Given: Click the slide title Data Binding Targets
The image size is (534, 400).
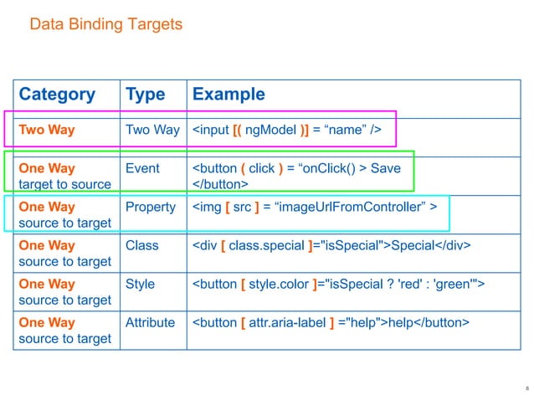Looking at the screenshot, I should tap(105, 25).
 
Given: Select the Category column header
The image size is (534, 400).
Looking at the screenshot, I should tap(56, 95).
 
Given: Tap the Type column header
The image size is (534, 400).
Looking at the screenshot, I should tap(146, 95).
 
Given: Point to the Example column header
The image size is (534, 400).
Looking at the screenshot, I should tap(228, 95).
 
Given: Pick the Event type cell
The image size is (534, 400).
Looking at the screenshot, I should tap(142, 168).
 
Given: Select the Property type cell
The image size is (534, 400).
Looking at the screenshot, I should tap(151, 207).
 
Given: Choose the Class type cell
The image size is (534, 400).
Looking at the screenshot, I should tap(141, 245).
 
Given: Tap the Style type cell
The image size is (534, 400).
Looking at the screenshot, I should tap(140, 284).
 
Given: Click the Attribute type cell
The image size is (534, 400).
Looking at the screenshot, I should tap(150, 322).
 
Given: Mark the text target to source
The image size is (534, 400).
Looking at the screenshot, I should tap(64, 184).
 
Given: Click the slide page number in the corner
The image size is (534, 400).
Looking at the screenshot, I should tap(526, 388).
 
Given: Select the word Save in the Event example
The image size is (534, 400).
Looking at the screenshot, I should tap(385, 168).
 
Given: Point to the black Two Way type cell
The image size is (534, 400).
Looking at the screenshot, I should tap(152, 130).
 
